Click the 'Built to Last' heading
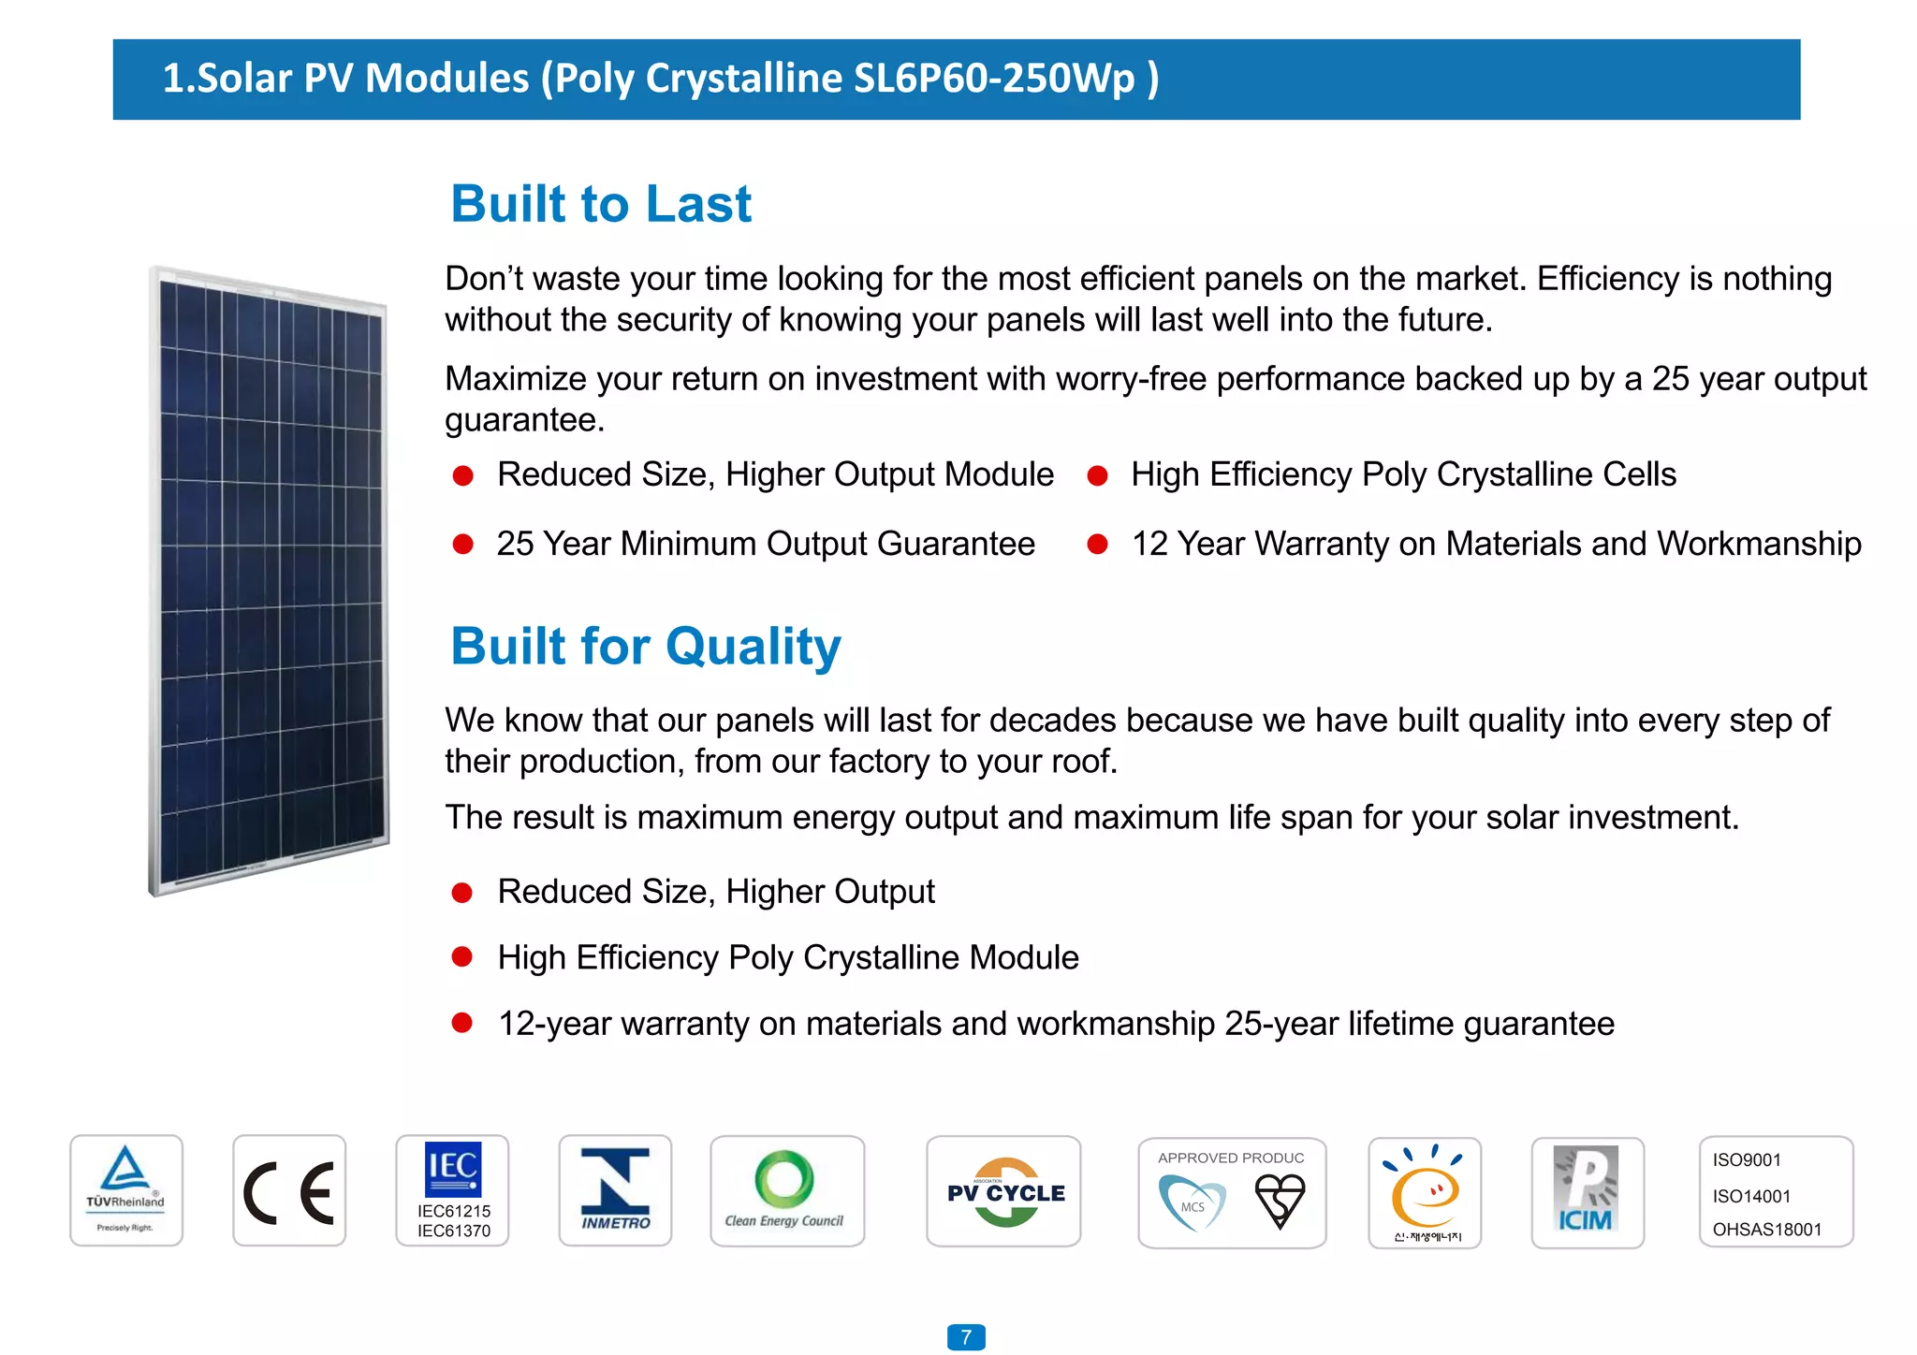(x=601, y=204)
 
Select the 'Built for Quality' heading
(x=646, y=647)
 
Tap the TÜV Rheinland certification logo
(x=126, y=1189)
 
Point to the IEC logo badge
(x=453, y=1169)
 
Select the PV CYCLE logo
(x=1004, y=1191)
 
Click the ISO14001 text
(x=1751, y=1196)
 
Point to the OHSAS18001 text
(x=1767, y=1230)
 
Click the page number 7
(x=966, y=1337)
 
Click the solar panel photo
(x=269, y=580)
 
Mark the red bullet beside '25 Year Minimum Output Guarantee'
(x=462, y=545)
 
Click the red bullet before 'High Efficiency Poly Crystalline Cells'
(x=1097, y=476)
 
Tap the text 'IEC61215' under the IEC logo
(x=454, y=1211)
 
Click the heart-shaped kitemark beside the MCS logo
(x=1280, y=1201)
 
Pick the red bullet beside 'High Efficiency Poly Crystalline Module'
(x=462, y=956)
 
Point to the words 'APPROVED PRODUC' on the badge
(x=1231, y=1158)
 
